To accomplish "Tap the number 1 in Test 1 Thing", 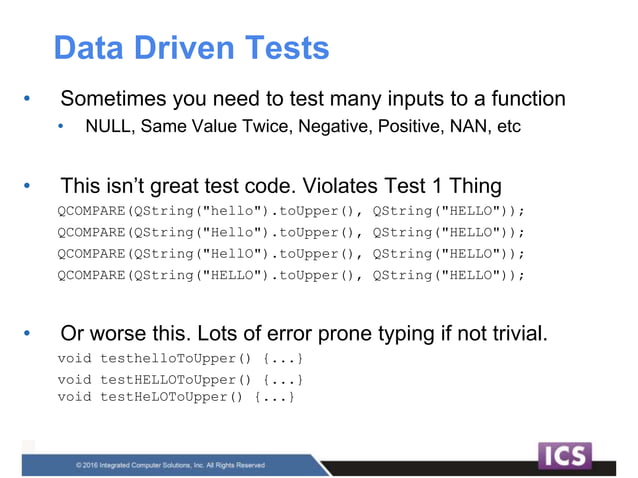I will click(431, 186).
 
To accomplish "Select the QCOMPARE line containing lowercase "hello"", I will click(290, 212).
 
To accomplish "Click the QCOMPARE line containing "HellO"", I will click(290, 254).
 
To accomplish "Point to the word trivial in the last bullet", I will click(513, 333).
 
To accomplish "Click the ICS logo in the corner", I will click(565, 456).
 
